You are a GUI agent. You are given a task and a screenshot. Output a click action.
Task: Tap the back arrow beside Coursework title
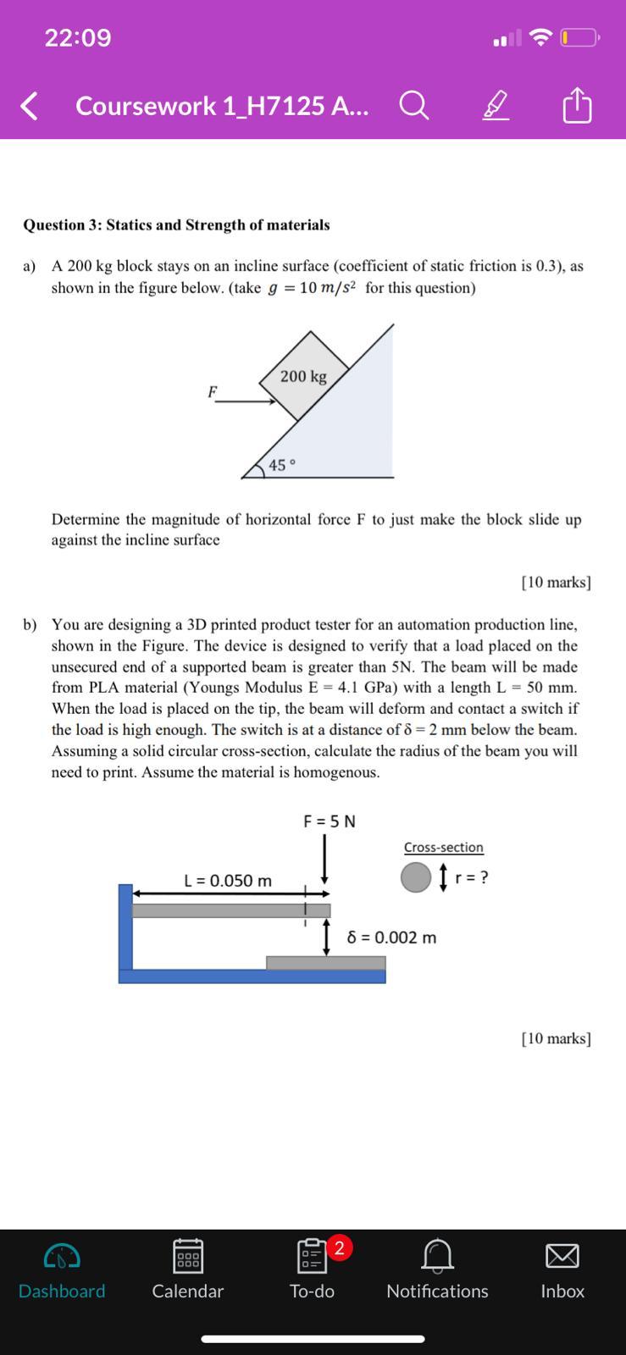point(29,106)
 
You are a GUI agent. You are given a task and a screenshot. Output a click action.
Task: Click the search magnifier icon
point(413,106)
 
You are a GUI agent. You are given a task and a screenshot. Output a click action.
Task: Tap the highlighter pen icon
point(496,106)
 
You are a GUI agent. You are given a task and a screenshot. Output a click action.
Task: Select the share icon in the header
point(577,105)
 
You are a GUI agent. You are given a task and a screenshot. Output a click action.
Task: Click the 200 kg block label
point(303,376)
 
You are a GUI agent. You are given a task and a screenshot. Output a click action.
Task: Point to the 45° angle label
point(282,465)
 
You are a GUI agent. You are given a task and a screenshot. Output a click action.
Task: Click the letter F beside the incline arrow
point(213,391)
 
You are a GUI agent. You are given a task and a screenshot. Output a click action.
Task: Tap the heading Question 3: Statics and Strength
point(176,224)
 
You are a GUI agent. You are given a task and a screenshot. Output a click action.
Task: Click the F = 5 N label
point(330,821)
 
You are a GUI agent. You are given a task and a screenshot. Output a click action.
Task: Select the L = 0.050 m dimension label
point(228,881)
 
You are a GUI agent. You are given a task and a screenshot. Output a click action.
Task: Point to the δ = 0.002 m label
point(392,937)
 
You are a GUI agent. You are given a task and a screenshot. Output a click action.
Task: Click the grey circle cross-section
point(416,877)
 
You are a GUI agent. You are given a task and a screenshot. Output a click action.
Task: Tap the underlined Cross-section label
point(443,847)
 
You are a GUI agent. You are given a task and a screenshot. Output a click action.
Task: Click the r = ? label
point(472,877)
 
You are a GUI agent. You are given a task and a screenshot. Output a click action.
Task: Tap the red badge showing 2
point(339,1247)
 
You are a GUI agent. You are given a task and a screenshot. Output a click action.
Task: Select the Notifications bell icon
point(437,1256)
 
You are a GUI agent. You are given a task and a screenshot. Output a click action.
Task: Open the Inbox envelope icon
point(562,1256)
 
